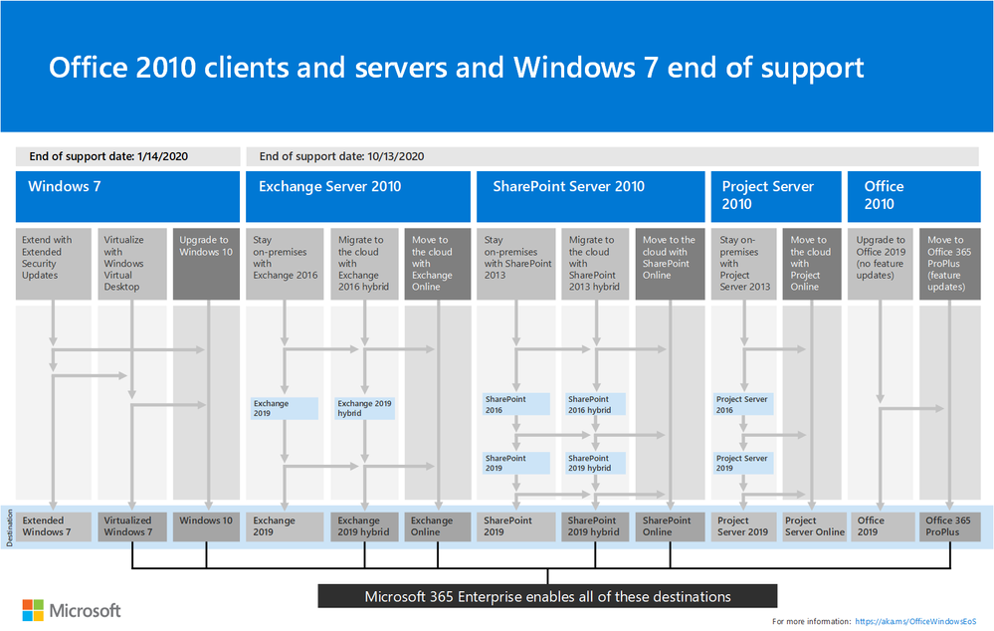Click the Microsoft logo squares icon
click(x=33, y=609)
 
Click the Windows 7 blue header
click(x=127, y=196)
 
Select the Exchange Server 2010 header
click(x=357, y=196)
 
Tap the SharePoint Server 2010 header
click(x=588, y=196)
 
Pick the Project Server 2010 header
click(x=772, y=196)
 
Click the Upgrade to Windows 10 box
click(x=206, y=264)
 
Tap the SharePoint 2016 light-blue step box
click(x=515, y=404)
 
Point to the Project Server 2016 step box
click(x=745, y=404)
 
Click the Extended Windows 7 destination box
click(x=54, y=526)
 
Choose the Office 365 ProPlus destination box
click(x=949, y=526)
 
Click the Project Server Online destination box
click(x=815, y=526)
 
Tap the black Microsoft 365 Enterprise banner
click(x=547, y=596)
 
